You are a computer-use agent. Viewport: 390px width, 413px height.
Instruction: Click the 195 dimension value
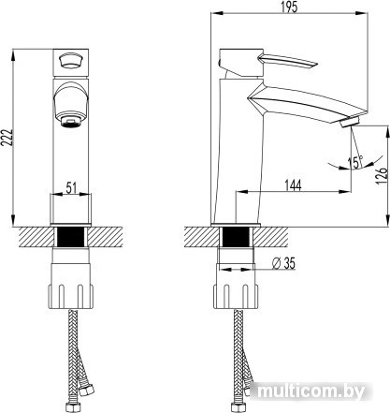[x=289, y=7]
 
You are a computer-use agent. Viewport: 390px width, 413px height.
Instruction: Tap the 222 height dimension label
[x=7, y=138]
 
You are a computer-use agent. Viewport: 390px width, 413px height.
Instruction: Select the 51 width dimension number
[x=71, y=188]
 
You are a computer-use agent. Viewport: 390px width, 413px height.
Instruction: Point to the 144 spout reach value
[x=293, y=185]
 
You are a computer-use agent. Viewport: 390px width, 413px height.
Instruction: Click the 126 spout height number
[x=382, y=176]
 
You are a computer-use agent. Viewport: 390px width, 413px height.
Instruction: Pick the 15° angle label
[x=355, y=162]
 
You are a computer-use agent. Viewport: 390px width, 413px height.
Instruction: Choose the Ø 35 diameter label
[x=283, y=263]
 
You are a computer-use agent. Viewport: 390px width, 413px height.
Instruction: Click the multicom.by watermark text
[x=311, y=391]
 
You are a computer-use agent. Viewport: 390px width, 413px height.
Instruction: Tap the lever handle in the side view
[x=287, y=60]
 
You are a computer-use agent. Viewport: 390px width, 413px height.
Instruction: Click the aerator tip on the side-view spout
[x=350, y=122]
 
